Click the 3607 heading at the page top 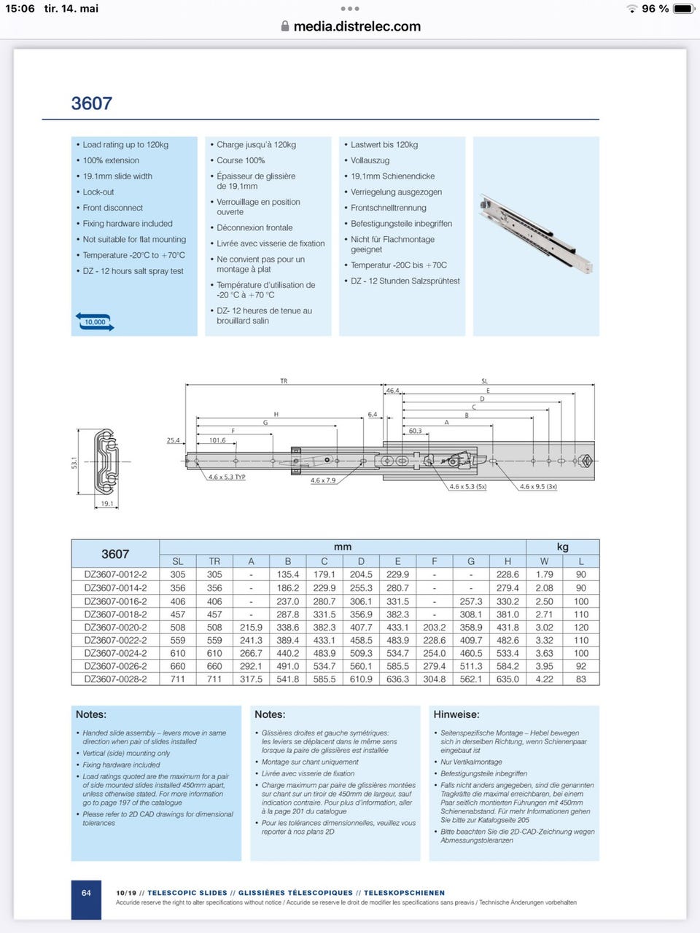(x=92, y=104)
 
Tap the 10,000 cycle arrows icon (x=95, y=321)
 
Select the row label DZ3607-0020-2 (x=115, y=627)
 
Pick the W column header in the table (x=544, y=561)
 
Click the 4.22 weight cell (x=544, y=679)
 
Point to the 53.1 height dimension (x=74, y=461)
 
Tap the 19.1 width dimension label (x=107, y=504)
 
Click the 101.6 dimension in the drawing (x=217, y=440)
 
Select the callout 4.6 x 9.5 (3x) (x=538, y=486)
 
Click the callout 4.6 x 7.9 (x=323, y=480)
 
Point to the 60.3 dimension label (x=415, y=431)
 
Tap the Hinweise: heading (x=456, y=714)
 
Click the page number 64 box (x=86, y=893)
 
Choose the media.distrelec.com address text (x=357, y=26)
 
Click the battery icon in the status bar (x=683, y=9)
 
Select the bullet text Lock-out (x=98, y=192)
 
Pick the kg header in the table (x=562, y=547)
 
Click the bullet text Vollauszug (x=370, y=160)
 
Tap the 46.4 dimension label (x=392, y=391)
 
